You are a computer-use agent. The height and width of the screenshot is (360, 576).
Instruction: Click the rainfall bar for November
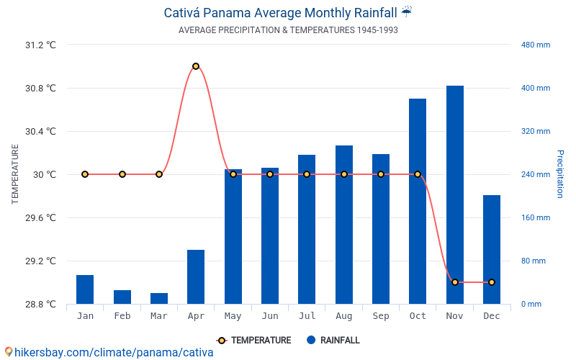(x=454, y=194)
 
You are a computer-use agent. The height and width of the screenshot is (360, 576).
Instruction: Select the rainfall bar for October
(x=418, y=201)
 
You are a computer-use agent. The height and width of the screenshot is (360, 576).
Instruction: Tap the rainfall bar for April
(x=196, y=276)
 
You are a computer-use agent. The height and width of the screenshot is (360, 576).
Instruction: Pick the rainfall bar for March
(x=159, y=298)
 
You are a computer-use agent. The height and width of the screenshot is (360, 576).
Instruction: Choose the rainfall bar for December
(x=492, y=249)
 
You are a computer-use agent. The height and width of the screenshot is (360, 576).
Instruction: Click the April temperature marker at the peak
(x=196, y=66)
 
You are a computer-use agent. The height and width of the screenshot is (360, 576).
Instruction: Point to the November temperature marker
(x=454, y=282)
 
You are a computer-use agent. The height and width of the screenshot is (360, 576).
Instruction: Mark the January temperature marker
(x=85, y=174)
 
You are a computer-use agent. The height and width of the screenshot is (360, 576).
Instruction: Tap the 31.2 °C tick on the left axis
(x=40, y=45)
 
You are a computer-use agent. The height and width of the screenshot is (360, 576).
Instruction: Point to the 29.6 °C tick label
(x=40, y=217)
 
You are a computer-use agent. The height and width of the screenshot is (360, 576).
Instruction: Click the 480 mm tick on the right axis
(x=535, y=45)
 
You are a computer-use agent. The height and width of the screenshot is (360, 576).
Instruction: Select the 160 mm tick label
(x=535, y=217)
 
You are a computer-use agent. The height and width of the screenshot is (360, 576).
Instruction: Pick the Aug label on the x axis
(x=344, y=316)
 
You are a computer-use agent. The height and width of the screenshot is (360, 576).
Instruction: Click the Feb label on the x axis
(x=122, y=316)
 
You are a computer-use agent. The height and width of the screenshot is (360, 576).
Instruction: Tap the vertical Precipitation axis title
(x=559, y=174)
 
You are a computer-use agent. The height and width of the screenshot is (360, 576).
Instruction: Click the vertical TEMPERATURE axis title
(x=15, y=174)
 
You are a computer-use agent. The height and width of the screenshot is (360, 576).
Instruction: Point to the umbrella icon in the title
(x=407, y=12)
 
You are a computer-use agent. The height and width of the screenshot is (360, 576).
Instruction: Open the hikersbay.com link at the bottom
(x=112, y=352)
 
